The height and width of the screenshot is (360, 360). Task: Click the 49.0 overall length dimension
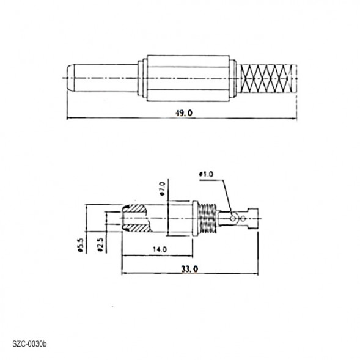click(182, 113)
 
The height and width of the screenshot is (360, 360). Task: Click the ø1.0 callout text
click(206, 174)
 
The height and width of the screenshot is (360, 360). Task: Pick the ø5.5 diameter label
click(80, 245)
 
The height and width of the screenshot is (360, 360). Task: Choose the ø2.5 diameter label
click(100, 245)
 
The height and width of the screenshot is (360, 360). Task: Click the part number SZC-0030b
click(29, 343)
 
